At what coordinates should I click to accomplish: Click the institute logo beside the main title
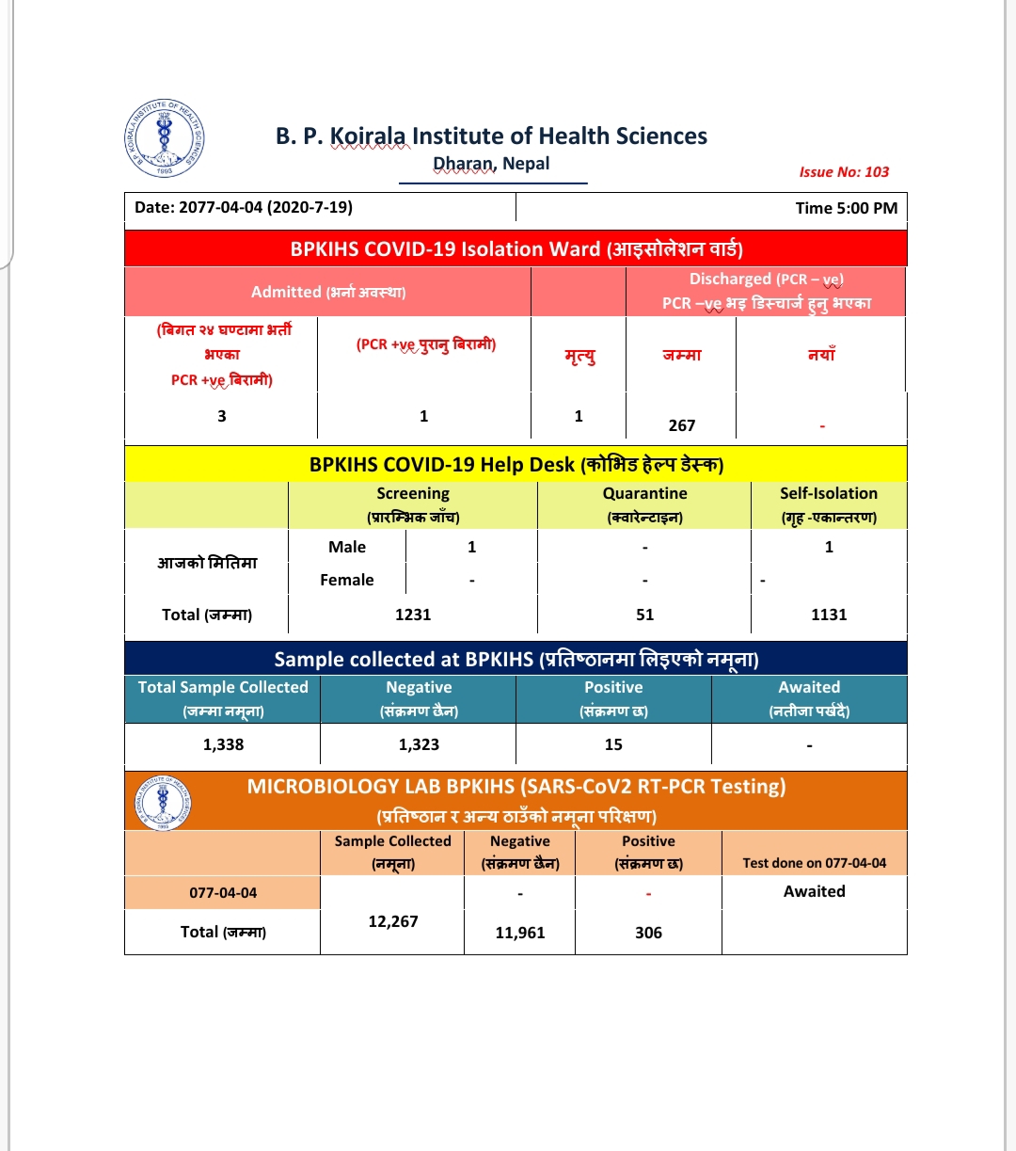(165, 137)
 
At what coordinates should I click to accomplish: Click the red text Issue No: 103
(844, 171)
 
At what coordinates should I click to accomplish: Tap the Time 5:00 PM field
(846, 208)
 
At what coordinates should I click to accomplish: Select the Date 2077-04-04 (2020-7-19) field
(244, 207)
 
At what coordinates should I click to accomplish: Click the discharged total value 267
(682, 425)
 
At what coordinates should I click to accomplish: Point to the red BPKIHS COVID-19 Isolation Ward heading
(516, 249)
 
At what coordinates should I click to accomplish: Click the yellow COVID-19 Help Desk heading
(516, 464)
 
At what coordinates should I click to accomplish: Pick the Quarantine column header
(644, 504)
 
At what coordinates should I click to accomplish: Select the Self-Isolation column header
(828, 504)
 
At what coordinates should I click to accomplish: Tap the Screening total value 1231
(413, 615)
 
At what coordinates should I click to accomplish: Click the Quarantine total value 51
(644, 615)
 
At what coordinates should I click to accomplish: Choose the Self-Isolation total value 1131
(829, 615)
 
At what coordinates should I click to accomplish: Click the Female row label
(347, 580)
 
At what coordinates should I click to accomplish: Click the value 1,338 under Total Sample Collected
(223, 744)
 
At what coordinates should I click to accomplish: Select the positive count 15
(613, 744)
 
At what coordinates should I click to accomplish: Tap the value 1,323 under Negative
(419, 744)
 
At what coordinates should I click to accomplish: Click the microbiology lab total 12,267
(392, 921)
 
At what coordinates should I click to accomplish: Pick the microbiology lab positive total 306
(648, 933)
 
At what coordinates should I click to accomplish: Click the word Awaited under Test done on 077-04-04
(814, 891)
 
